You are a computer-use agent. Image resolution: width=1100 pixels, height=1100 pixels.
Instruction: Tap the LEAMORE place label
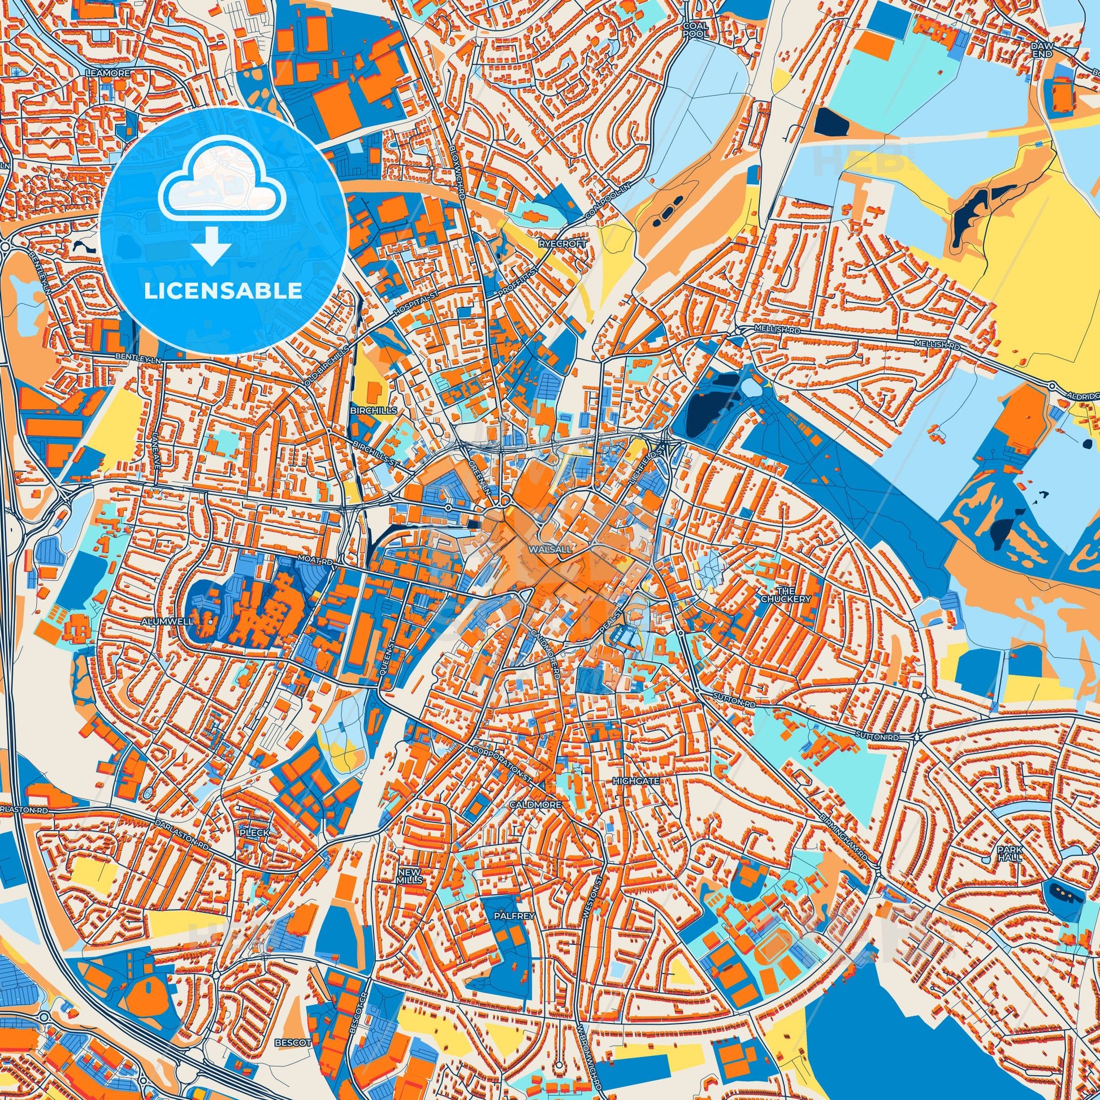click(107, 73)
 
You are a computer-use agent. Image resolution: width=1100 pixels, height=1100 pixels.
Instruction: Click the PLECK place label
click(254, 832)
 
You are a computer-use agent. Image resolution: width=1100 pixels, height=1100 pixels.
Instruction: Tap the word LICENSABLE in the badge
click(223, 291)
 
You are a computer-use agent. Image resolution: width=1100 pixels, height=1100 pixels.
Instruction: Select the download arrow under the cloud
click(211, 245)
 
